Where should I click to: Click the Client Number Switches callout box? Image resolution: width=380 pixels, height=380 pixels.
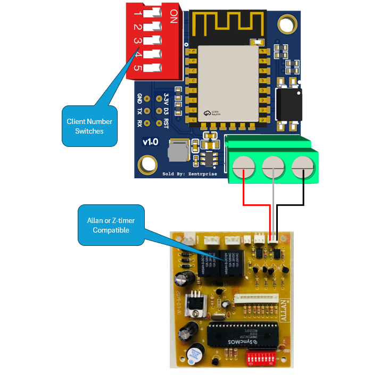click(x=89, y=126)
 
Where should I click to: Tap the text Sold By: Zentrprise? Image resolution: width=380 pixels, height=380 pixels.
click(x=189, y=174)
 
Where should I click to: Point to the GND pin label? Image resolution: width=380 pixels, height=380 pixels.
click(x=139, y=98)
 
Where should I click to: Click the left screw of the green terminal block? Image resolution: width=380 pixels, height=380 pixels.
click(x=244, y=167)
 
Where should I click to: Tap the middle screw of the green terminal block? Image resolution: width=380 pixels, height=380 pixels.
click(x=274, y=167)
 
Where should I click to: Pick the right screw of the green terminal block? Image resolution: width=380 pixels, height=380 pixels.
click(x=303, y=167)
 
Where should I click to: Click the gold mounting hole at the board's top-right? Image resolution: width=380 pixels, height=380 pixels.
click(x=288, y=23)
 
